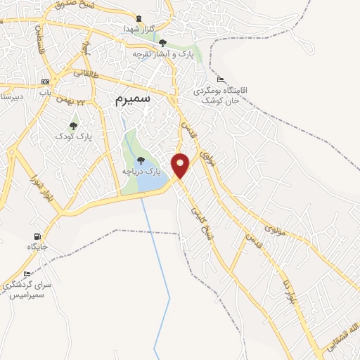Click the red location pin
(181, 165)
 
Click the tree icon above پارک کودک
(73, 126)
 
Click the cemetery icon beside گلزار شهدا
(138, 19)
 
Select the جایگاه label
(37, 247)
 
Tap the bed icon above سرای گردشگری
(27, 274)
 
